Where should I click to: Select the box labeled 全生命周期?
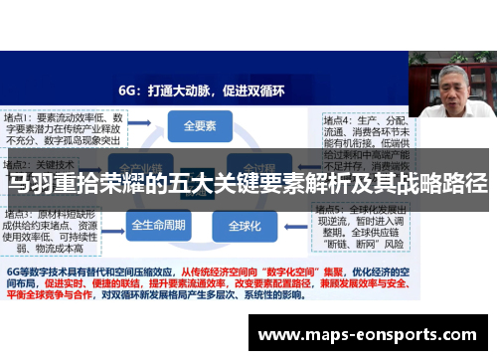159,225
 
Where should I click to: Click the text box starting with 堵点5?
360,228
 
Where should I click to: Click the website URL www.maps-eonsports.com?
372,335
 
